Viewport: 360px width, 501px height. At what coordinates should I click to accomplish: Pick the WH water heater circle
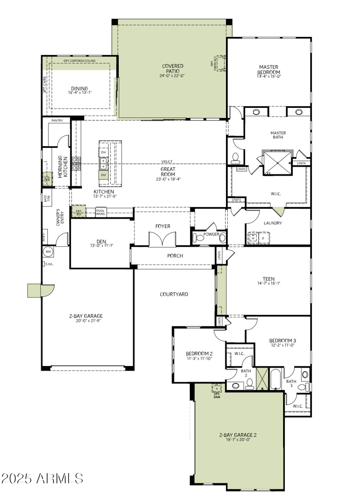click(x=48, y=251)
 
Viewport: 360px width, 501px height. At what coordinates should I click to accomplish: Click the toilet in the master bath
click(x=235, y=157)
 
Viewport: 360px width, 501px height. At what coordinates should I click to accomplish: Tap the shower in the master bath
click(x=275, y=162)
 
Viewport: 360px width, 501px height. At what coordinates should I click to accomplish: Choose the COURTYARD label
click(x=174, y=294)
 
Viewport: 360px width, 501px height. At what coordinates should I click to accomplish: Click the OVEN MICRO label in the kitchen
click(x=100, y=212)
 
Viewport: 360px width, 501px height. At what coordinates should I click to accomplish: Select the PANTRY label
click(x=57, y=121)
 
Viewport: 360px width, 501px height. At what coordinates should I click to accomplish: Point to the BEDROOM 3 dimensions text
click(x=282, y=345)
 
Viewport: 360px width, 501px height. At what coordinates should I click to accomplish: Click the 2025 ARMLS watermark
click(x=42, y=478)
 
